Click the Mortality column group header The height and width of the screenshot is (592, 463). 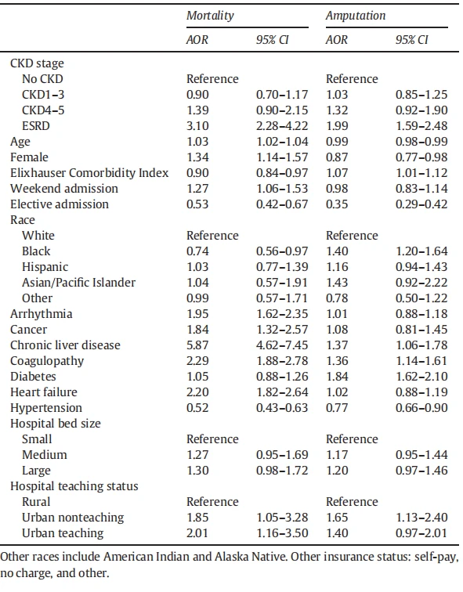(x=210, y=16)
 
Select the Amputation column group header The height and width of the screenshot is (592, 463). (x=356, y=16)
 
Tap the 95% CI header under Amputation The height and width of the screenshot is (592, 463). (x=412, y=40)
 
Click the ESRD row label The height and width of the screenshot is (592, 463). (x=36, y=126)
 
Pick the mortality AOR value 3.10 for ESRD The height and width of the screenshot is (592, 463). (x=197, y=126)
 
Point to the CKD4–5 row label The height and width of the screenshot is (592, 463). (x=43, y=110)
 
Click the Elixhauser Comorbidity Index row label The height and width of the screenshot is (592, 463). (x=89, y=173)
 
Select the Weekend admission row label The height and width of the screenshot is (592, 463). (x=64, y=189)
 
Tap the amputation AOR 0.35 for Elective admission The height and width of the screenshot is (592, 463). (x=337, y=204)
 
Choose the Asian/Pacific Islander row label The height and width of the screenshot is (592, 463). (x=78, y=283)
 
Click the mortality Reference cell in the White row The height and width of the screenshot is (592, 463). (x=212, y=236)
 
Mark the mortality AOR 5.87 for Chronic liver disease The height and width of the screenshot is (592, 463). (x=197, y=345)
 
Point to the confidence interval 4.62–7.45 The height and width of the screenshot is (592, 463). (x=282, y=345)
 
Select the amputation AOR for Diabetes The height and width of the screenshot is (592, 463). (x=337, y=377)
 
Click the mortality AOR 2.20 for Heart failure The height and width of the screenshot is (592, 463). (x=197, y=392)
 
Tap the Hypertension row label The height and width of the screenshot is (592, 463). (x=46, y=408)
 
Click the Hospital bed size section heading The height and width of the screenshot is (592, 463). (x=56, y=424)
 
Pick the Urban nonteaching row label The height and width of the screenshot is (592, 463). (x=73, y=518)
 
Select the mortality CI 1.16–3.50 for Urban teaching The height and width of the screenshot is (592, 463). (x=282, y=533)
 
